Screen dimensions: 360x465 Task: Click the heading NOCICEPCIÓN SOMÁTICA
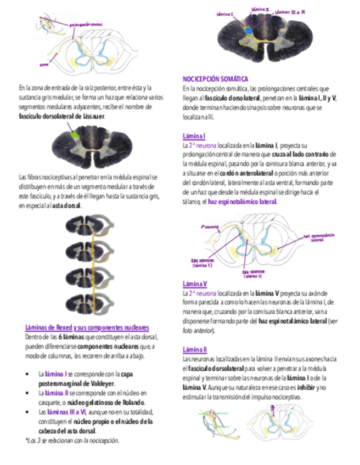coord(215,79)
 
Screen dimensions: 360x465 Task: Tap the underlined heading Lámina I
coord(194,136)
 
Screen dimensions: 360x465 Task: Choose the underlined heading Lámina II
coord(194,349)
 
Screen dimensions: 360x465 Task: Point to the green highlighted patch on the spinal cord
coord(75,134)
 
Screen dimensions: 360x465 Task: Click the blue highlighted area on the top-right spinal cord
coord(248,30)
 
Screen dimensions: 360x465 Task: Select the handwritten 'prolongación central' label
coord(86,24)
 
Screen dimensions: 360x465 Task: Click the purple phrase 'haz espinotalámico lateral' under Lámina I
coord(242,202)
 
